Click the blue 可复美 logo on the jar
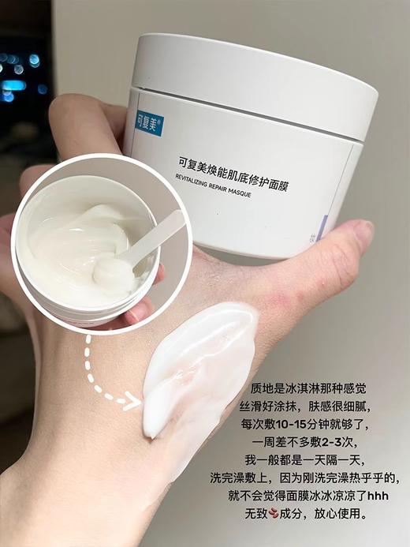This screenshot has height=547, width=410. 147,121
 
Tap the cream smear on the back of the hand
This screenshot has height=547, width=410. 196,371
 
